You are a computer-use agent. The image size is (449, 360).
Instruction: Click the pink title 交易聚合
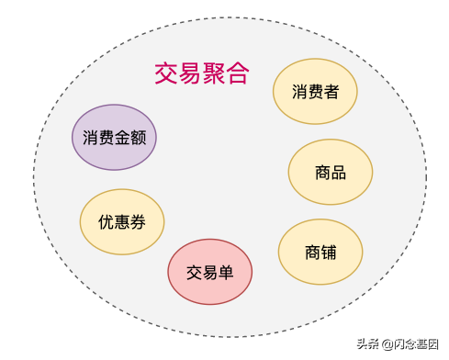point(201,73)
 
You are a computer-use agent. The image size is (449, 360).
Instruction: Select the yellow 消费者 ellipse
point(315,92)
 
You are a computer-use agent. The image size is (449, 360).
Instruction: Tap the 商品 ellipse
point(330,172)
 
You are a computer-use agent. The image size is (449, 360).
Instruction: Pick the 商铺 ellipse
point(320,252)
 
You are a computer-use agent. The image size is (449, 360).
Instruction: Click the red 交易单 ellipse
point(210,272)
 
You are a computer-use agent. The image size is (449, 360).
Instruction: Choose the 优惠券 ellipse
point(122,221)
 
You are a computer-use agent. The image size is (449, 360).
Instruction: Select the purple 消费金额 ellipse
point(115,138)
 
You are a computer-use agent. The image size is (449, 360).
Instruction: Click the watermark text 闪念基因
point(419,344)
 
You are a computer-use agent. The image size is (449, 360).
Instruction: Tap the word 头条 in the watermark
point(367,344)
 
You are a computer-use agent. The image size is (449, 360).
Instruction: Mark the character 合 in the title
point(237,73)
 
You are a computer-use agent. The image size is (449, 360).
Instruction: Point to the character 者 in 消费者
point(331,92)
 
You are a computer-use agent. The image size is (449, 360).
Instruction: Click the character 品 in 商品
point(338,172)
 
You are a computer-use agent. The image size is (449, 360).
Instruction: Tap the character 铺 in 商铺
point(329,252)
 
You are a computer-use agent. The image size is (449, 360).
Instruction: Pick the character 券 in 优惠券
point(138,221)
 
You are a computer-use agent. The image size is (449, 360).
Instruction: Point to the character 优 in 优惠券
point(107,221)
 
